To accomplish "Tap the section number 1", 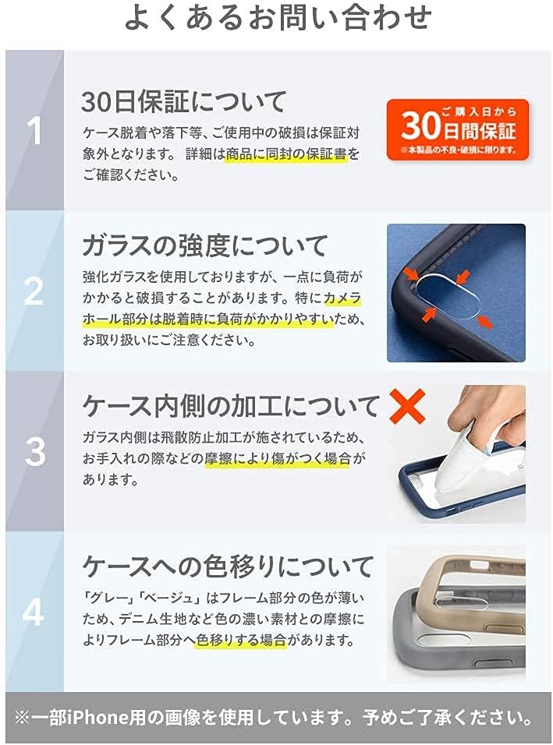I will pos(34,131).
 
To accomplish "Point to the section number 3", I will pos(34,452).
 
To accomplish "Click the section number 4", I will pos(34,613).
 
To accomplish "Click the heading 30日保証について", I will pos(184,101).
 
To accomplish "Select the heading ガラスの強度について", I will pos(205,245).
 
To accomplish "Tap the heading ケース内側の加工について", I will pos(231,406).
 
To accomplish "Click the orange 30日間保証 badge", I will pos(457,129).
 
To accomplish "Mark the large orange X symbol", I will pos(406,407).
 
